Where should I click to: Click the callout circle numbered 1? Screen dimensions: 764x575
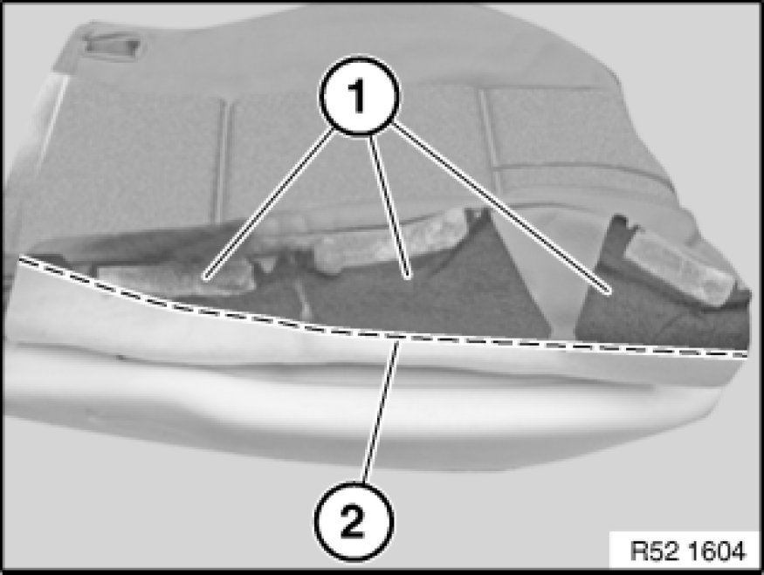tap(359, 96)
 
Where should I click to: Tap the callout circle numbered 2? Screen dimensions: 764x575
tap(354, 522)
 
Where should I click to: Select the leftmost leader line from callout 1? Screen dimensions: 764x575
tap(272, 203)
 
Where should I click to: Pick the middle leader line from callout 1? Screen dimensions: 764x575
tap(389, 207)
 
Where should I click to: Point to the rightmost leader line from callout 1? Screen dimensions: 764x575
tap(500, 209)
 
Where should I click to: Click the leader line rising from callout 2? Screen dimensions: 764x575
tap(382, 413)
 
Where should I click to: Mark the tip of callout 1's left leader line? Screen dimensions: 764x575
tap(207, 278)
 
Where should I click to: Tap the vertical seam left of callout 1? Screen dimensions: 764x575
tap(221, 161)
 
